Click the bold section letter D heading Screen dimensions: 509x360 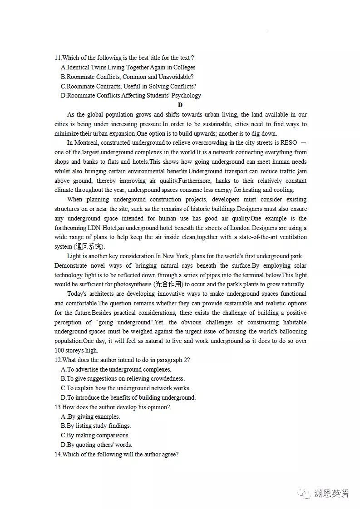(180, 105)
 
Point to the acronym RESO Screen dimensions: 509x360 (289, 143)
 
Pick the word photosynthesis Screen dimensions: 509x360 (129, 284)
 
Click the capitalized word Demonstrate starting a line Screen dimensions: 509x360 (72, 265)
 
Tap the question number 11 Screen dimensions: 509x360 (58, 58)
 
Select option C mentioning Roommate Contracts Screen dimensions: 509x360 (128, 86)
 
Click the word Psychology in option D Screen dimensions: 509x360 (186, 96)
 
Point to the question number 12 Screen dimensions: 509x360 (58, 360)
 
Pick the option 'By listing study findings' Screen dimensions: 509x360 (96, 426)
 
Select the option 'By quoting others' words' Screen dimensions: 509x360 (96, 445)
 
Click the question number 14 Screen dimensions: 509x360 (58, 455)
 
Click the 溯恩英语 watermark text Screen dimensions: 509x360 (331, 494)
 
